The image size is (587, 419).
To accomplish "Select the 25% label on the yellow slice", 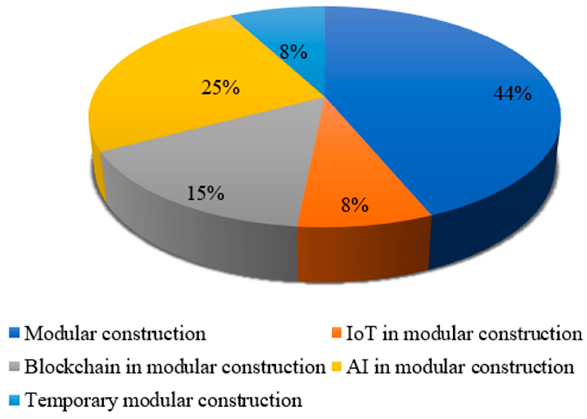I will (221, 88).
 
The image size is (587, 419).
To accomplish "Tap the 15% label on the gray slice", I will (206, 193).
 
